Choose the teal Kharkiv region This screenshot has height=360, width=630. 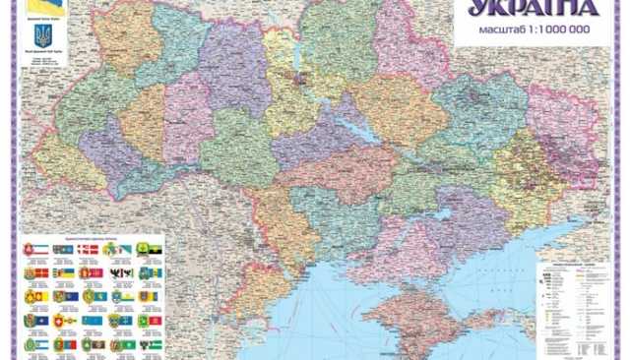pos(482,113)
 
